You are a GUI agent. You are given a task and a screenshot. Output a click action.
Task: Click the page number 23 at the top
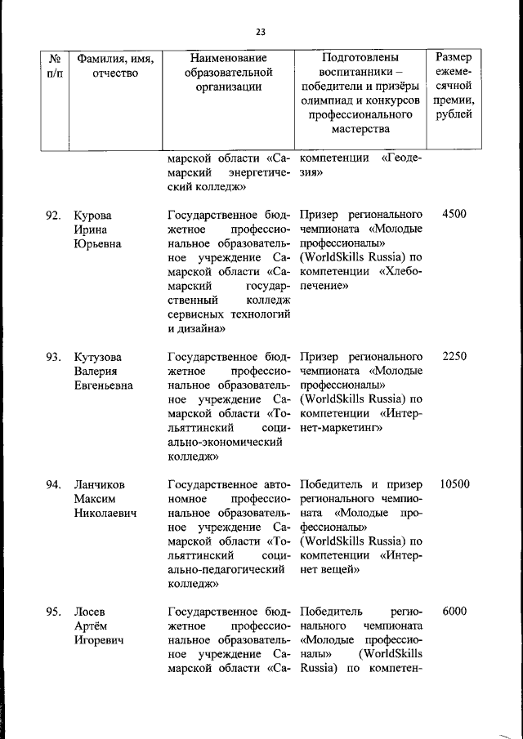261,32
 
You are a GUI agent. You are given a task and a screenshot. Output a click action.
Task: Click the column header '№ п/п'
56,66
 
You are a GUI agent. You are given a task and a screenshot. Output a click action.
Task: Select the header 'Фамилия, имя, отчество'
115,66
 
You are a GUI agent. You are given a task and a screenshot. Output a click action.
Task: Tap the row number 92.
54,216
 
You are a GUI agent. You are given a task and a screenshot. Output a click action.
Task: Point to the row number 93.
54,357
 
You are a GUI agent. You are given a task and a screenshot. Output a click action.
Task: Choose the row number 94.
54,484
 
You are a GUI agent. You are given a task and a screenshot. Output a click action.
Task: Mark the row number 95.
54,612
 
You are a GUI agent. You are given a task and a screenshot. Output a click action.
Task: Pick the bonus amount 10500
454,484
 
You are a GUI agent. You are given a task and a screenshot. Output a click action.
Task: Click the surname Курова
92,216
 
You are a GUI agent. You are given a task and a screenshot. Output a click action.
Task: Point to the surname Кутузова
97,357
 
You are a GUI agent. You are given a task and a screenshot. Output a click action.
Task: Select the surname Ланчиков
100,484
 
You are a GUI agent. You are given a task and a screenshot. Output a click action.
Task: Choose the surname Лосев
89,612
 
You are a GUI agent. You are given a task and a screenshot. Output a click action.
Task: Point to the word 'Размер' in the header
454,58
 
